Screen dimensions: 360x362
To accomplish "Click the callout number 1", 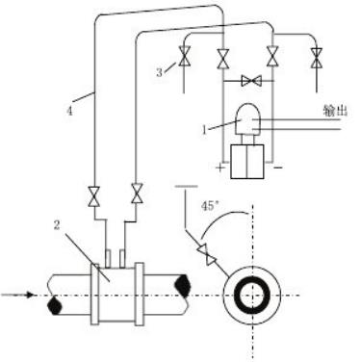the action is pyautogui.click(x=205, y=130).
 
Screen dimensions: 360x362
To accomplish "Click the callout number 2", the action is pyautogui.click(x=57, y=225).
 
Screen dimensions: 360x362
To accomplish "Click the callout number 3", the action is pyautogui.click(x=160, y=72).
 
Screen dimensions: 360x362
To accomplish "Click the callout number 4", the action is pyautogui.click(x=69, y=112).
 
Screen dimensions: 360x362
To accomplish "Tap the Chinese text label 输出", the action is pyautogui.click(x=335, y=111).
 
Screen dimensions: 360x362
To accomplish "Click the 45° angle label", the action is pyautogui.click(x=210, y=206).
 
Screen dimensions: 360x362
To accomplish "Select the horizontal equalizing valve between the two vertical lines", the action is pyautogui.click(x=251, y=81).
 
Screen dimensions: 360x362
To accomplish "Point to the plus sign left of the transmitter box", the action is pyautogui.click(x=220, y=168).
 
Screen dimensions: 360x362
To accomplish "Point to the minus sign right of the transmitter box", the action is pyautogui.click(x=278, y=168).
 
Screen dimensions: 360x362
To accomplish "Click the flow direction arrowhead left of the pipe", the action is pyautogui.click(x=30, y=295).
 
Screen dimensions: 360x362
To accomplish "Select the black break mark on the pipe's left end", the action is pyautogui.click(x=55, y=305).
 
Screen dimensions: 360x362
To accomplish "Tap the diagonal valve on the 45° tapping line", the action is pyautogui.click(x=206, y=255).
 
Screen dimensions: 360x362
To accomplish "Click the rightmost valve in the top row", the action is pyautogui.click(x=317, y=58).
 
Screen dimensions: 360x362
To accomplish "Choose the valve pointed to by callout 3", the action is pyautogui.click(x=185, y=56).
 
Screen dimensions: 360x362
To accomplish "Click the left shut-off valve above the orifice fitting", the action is pyautogui.click(x=94, y=195).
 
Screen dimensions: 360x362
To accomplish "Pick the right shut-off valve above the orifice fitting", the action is pyautogui.click(x=137, y=194).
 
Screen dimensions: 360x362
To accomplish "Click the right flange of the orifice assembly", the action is pyautogui.click(x=139, y=294).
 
